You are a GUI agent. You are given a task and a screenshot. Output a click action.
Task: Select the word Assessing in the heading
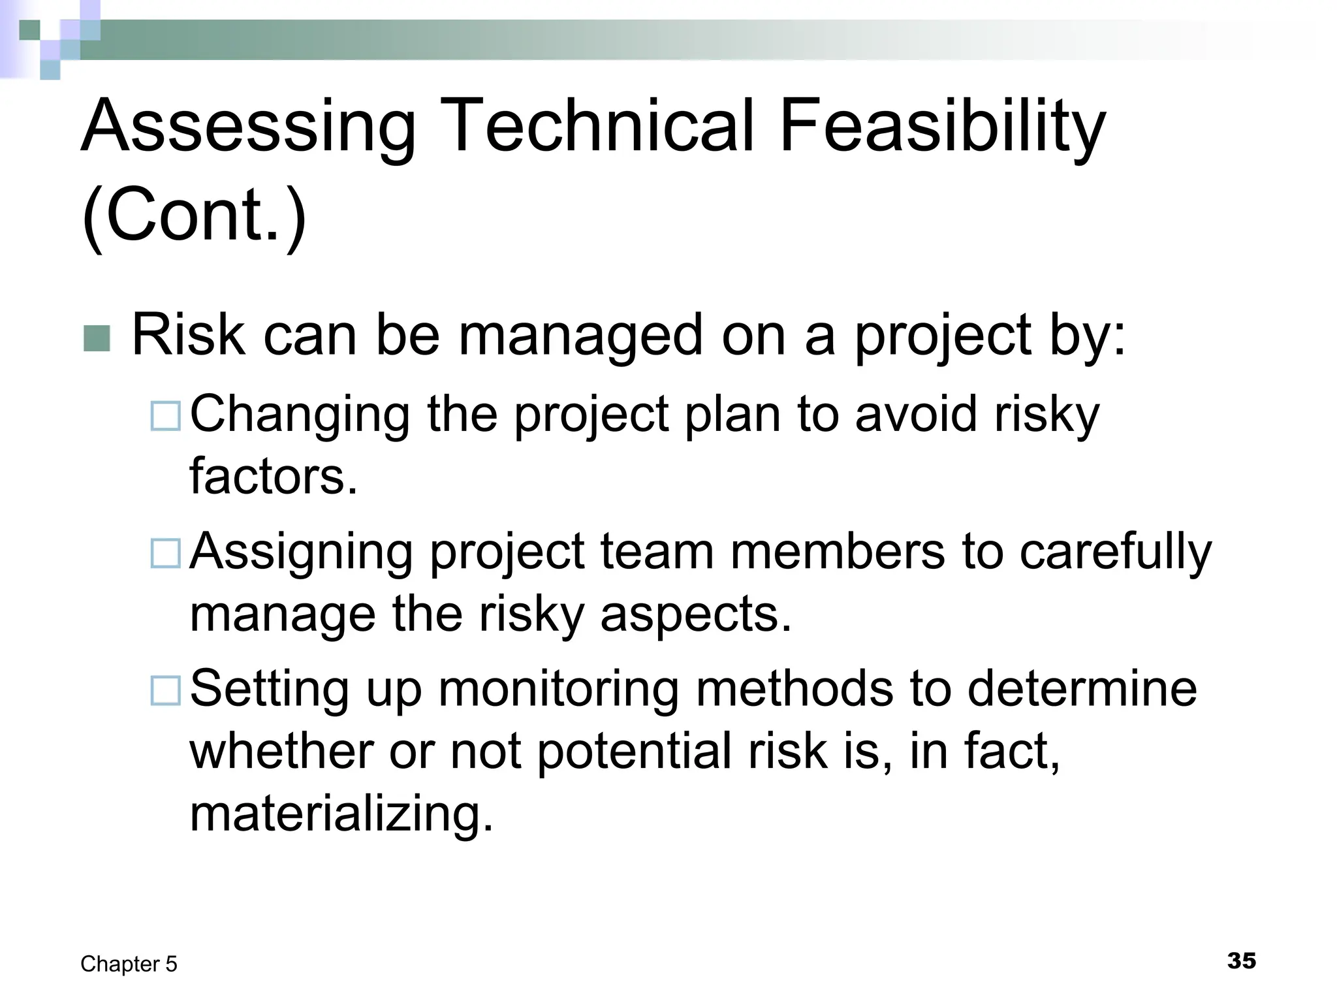(248, 125)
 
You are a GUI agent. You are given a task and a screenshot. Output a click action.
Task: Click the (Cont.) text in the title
(194, 215)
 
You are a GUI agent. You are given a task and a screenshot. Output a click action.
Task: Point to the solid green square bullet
(97, 338)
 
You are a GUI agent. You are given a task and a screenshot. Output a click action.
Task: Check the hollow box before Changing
(165, 416)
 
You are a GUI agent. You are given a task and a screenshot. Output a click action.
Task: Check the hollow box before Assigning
(165, 553)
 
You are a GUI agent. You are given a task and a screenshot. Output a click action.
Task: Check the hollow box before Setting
(165, 690)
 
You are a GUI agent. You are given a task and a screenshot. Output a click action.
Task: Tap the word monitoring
(559, 689)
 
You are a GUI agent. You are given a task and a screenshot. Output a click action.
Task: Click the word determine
(1082, 689)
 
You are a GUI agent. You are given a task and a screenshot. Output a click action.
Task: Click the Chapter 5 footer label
(129, 964)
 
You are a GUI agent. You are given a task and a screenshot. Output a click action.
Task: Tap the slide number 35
(1241, 961)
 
